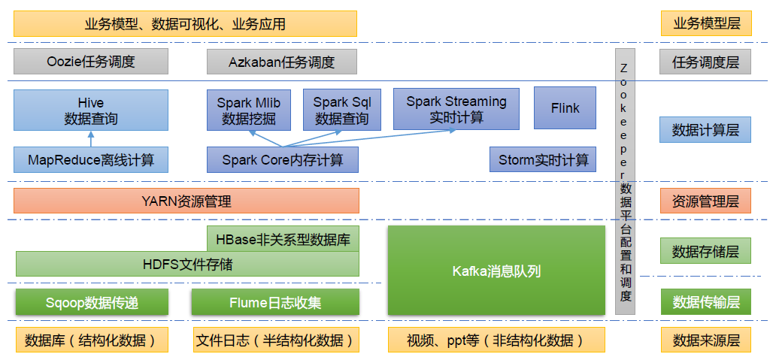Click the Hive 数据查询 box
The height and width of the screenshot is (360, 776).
click(90, 110)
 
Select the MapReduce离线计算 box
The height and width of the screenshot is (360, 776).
click(90, 159)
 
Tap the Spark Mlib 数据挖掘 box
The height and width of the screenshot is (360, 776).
click(249, 110)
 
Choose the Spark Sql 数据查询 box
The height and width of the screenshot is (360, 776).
click(342, 110)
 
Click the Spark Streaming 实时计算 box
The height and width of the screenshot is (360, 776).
click(456, 109)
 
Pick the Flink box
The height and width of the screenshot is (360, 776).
click(565, 107)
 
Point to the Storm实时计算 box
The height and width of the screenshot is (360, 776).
click(543, 159)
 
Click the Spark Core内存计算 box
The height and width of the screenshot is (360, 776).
click(283, 159)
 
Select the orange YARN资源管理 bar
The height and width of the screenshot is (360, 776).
click(186, 201)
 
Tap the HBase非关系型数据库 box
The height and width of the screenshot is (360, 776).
click(283, 240)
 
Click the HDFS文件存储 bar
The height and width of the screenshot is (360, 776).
click(187, 264)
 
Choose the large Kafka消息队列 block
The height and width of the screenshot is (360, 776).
click(496, 271)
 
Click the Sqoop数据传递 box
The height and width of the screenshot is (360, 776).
click(91, 302)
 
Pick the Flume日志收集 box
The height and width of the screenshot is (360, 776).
click(274, 302)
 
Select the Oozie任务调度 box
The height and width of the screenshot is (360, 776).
click(90, 62)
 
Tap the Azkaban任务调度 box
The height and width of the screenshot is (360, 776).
click(282, 62)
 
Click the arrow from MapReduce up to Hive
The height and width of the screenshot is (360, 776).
click(90, 139)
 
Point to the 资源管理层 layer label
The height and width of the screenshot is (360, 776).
click(706, 201)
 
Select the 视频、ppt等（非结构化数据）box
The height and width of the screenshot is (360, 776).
click(496, 340)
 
